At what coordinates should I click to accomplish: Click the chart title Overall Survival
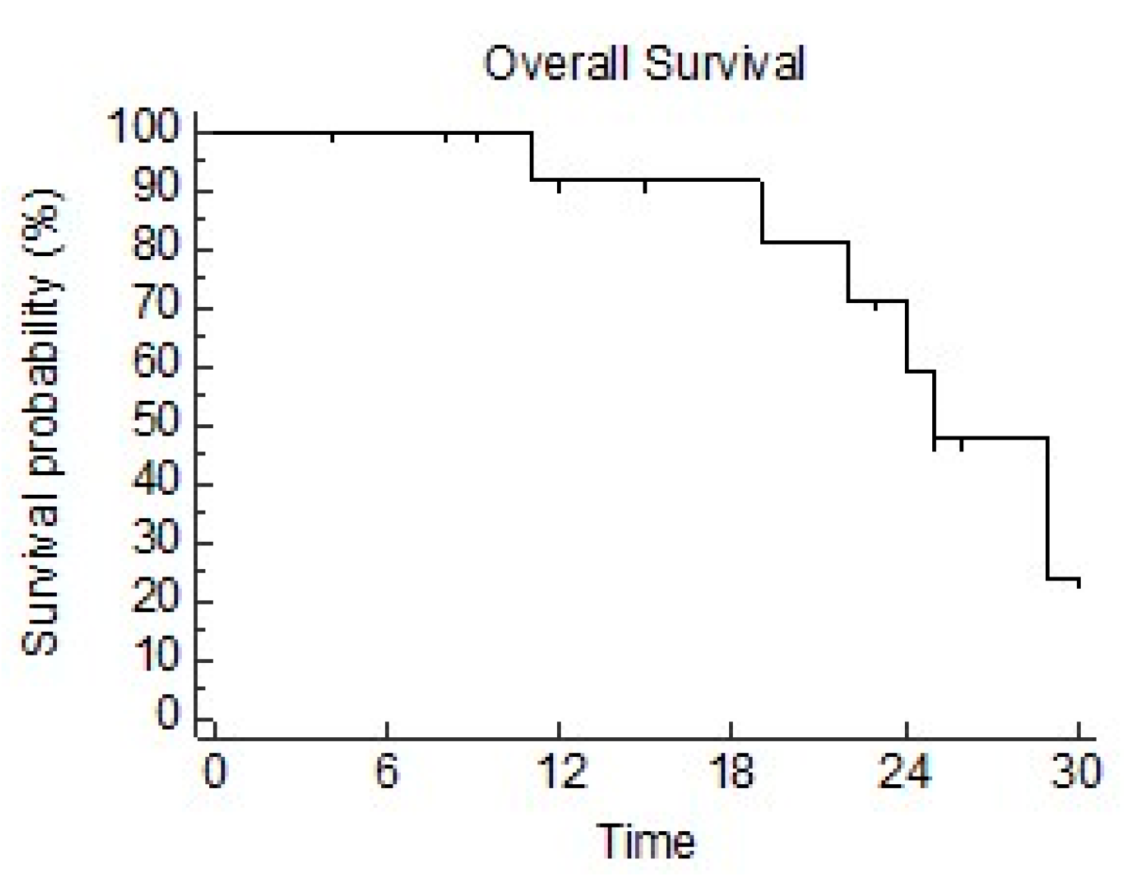click(643, 64)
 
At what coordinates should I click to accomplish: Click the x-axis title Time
click(646, 842)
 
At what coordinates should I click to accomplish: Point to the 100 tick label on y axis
click(143, 126)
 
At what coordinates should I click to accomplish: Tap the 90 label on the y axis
click(155, 185)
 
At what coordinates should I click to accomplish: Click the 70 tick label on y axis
click(155, 303)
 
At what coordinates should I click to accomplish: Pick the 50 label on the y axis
click(155, 421)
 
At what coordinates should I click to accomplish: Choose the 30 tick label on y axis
click(155, 538)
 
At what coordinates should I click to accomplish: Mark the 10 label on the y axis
click(155, 656)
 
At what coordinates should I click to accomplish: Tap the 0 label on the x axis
click(214, 773)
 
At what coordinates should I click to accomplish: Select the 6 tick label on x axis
click(387, 773)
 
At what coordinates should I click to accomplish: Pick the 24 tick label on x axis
click(905, 773)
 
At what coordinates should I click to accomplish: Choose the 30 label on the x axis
click(1076, 773)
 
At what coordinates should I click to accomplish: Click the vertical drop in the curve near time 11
click(531, 156)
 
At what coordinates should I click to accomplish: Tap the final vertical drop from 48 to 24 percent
click(1048, 508)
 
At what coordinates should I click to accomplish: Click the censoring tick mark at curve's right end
click(1078, 582)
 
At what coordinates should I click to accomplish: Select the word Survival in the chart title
click(724, 64)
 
